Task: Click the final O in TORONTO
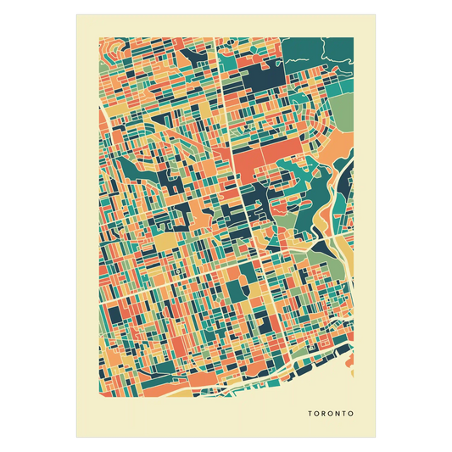pos(349,415)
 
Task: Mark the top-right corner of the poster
pos(376,14)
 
